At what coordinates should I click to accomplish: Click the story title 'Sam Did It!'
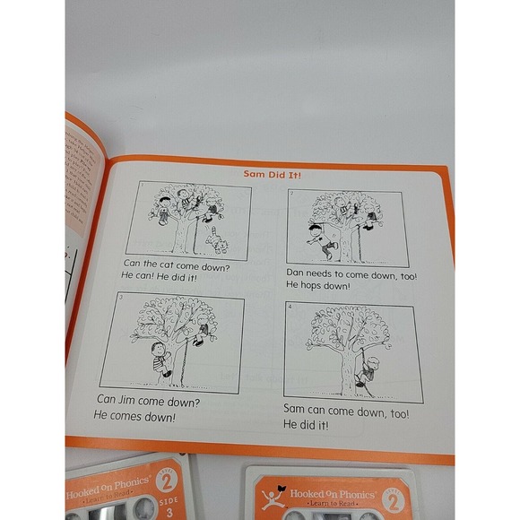pos(275,175)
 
